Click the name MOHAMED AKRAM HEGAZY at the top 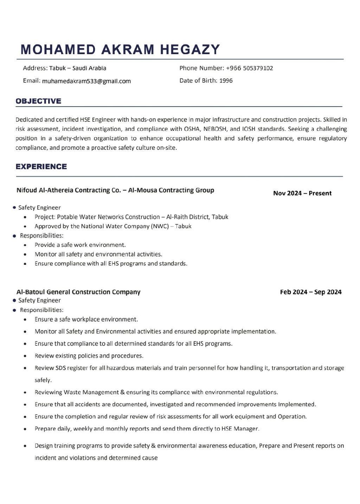pos(120,50)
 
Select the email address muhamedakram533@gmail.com pos(86,81)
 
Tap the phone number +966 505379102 pos(249,68)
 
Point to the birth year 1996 pos(226,81)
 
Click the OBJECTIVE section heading pos(38,101)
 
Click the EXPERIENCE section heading pos(41,167)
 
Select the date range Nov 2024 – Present pos(302,193)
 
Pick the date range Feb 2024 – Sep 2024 pos(311,292)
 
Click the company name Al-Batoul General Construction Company pos(78,292)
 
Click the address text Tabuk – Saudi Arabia pos(78,68)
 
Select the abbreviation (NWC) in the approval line pos(160,227)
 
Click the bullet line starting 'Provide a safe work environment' pos(80,245)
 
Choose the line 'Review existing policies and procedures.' pos(89,356)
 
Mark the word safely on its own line pos(43,380)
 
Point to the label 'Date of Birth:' pos(198,81)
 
